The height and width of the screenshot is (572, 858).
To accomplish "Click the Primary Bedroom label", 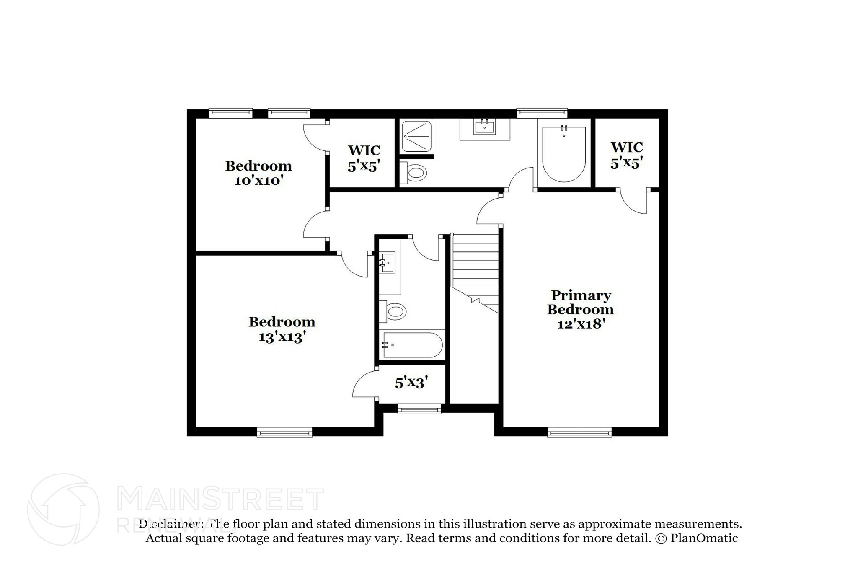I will point(580,303).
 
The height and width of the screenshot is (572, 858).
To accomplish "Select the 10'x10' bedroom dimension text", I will point(259,181).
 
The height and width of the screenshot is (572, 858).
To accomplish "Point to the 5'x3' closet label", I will point(411,383).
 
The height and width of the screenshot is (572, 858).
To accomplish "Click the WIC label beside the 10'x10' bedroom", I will point(364,150).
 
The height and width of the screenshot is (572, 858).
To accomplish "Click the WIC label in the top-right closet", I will point(626,148).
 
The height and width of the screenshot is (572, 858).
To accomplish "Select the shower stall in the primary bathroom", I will point(416,136).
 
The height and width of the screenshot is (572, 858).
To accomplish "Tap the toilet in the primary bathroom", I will point(413,172).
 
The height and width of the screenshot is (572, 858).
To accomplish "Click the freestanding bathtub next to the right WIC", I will point(564,154).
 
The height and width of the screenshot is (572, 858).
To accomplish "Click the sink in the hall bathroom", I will point(388,263).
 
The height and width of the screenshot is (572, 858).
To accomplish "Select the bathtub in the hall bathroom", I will point(412,345).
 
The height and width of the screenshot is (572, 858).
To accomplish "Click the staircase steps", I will point(475,264).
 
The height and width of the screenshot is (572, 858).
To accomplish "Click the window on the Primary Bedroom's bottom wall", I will point(579,432).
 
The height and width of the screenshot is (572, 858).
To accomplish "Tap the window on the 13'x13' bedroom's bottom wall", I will point(284,432).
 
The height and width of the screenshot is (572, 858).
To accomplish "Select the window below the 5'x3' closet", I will point(419,409).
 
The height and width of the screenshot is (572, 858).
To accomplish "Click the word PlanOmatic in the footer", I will point(704,538).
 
